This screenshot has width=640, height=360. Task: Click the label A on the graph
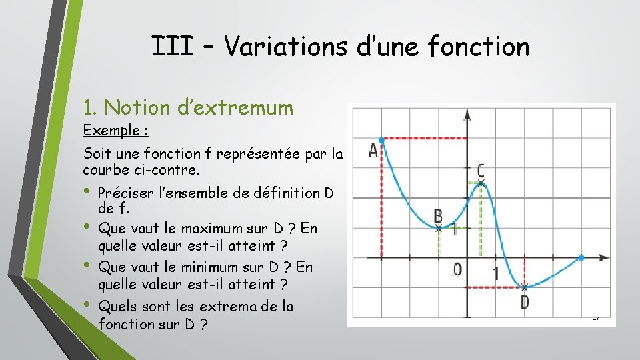(x=373, y=150)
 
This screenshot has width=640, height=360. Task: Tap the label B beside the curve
(x=438, y=215)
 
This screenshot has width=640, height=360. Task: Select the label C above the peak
(x=481, y=170)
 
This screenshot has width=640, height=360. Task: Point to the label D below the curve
(x=525, y=302)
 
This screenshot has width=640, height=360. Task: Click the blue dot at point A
(x=381, y=139)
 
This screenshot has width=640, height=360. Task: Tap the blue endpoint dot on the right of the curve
(x=582, y=257)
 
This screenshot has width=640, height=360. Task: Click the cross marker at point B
(x=438, y=228)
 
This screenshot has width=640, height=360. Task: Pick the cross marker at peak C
(x=481, y=182)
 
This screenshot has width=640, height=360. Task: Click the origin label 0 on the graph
(x=457, y=270)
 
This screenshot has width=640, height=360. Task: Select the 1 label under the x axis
(x=495, y=273)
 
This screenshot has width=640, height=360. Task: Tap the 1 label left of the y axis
(x=453, y=230)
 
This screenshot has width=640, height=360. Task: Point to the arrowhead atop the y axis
(x=467, y=115)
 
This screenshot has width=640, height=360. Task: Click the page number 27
(x=595, y=319)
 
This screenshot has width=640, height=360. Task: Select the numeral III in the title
(x=173, y=47)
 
